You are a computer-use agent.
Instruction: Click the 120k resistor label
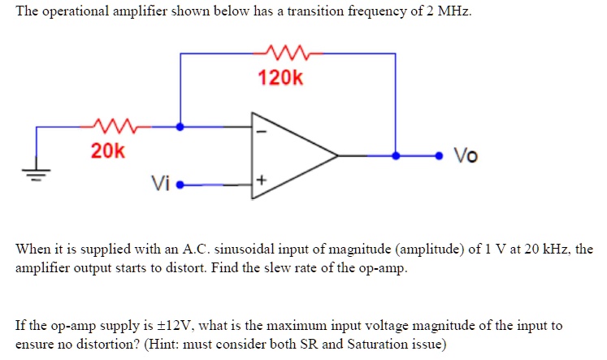click(280, 79)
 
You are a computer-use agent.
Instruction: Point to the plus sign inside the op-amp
click(262, 179)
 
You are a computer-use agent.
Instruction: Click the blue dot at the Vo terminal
click(440, 154)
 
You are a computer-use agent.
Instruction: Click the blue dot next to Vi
click(180, 185)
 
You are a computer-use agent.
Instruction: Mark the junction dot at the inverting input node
click(180, 126)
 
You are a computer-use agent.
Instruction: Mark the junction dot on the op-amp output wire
click(396, 154)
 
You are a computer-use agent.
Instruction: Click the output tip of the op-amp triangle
click(337, 154)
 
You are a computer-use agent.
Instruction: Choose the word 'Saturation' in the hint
click(381, 344)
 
